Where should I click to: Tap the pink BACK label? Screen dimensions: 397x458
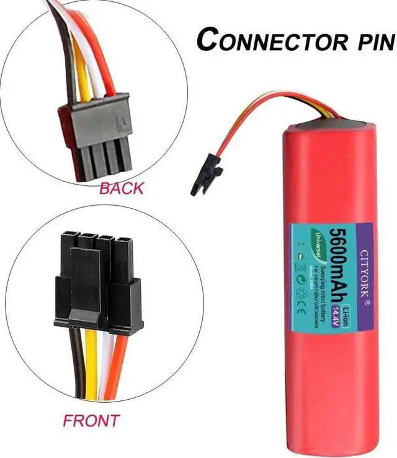click(x=121, y=188)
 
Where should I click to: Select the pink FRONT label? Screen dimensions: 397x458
click(x=91, y=421)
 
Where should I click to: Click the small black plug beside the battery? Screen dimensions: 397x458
click(x=206, y=176)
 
